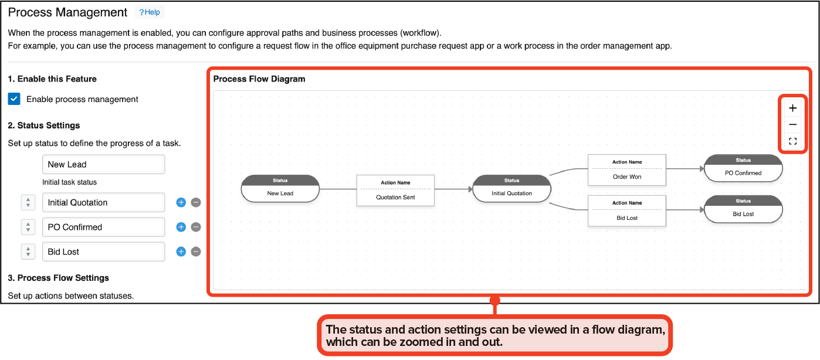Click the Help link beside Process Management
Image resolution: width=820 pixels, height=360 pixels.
(150, 12)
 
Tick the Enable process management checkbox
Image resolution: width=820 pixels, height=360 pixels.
(14, 99)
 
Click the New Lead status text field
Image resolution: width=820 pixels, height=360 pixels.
(103, 165)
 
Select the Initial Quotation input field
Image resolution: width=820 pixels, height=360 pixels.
(103, 203)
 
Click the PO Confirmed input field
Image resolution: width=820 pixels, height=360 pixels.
(103, 227)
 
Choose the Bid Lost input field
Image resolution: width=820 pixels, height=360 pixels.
(103, 252)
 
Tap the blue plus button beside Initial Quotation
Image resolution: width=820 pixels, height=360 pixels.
(181, 203)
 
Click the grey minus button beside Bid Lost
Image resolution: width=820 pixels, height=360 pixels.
(196, 252)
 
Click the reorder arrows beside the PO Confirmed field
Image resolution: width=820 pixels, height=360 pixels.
(28, 227)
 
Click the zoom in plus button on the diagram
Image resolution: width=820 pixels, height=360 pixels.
(792, 108)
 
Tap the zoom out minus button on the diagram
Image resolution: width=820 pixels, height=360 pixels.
(792, 125)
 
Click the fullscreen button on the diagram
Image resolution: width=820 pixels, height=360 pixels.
(792, 141)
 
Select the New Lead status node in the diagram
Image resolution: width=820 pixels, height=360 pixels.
(280, 189)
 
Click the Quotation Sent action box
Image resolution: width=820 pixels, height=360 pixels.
(395, 191)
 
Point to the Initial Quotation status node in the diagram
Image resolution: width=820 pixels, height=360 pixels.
(511, 189)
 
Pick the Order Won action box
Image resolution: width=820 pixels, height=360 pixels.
(627, 170)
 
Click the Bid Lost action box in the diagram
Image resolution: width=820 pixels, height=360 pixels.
(627, 211)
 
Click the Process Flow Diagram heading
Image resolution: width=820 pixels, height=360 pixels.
(259, 79)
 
